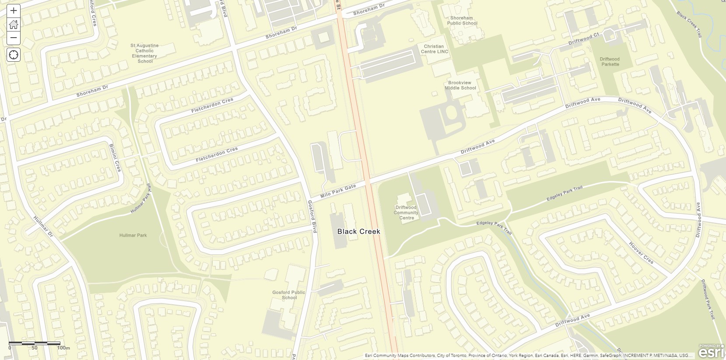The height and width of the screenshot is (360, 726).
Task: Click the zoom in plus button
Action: pos(14,10)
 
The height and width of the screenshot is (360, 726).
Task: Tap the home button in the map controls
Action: pos(14,24)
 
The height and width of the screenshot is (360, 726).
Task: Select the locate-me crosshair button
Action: pos(14,55)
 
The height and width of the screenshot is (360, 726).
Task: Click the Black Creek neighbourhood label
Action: pos(358,231)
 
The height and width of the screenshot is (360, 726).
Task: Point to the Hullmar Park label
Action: pos(133,235)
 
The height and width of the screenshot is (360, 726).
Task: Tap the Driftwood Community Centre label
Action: pos(406,213)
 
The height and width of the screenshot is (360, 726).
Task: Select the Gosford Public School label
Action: pos(288,295)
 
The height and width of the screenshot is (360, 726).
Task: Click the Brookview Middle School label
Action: pos(460,85)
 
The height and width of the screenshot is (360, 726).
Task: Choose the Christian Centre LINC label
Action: pos(434,49)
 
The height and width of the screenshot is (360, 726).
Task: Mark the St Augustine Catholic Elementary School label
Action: pos(144,53)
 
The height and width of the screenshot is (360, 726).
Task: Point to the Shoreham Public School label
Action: pos(462,21)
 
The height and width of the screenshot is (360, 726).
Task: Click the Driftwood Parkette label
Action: pos(610,62)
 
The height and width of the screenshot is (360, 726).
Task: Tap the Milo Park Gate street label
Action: pos(338,191)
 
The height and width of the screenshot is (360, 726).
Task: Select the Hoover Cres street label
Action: pos(641,253)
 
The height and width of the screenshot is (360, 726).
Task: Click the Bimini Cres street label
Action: pos(115,157)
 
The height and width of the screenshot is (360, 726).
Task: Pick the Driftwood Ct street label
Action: pos(583,39)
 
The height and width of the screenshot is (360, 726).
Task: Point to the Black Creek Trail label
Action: pos(689,24)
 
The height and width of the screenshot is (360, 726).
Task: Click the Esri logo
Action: pos(712,352)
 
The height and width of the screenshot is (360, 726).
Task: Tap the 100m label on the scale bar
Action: pos(63,348)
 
